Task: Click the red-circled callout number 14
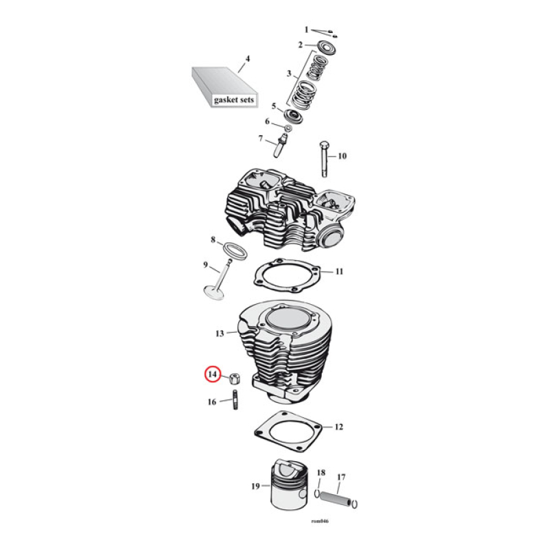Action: pyautogui.click(x=213, y=375)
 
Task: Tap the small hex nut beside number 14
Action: pyautogui.click(x=234, y=377)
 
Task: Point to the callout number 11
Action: pyautogui.click(x=339, y=272)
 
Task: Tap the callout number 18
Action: pyautogui.click(x=320, y=473)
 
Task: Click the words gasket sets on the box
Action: pyautogui.click(x=233, y=100)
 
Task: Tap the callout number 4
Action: pyautogui.click(x=248, y=58)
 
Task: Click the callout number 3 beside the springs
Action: pyautogui.click(x=289, y=73)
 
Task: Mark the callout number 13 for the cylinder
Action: pyautogui.click(x=220, y=334)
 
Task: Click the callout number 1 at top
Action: pyautogui.click(x=307, y=30)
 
